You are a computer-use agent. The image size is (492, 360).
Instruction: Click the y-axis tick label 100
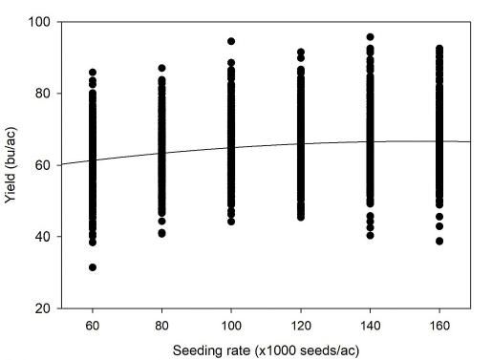[x=40, y=21]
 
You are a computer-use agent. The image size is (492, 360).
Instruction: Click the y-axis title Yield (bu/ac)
[x=12, y=164]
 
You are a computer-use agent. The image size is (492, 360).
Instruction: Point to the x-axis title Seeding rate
[x=266, y=349]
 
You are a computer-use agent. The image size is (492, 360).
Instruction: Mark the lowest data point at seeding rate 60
[x=93, y=267]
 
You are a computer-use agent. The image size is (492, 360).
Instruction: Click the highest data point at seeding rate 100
[x=231, y=41]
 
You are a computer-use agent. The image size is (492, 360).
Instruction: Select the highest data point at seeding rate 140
[x=370, y=37]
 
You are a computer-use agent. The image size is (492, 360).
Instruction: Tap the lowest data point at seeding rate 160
[x=439, y=241]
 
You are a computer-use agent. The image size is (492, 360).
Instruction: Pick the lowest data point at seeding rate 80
[x=161, y=233]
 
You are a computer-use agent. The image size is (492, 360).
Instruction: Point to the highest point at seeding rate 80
[x=161, y=68]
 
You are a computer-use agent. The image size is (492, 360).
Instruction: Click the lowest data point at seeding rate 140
[x=370, y=235]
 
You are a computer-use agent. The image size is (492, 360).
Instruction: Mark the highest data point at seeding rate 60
[x=93, y=72]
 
